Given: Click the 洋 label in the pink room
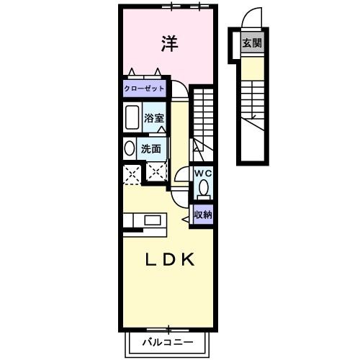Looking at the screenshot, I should pos(168,43).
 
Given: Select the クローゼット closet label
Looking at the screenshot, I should pos(144,89).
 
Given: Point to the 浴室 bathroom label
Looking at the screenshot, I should pos(153,117).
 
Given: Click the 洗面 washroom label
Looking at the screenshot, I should pos(150,149).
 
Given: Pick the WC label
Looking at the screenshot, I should pos(202,174).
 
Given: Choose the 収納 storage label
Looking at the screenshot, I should pos(202,214).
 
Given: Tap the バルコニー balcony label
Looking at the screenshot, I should pos(167,342).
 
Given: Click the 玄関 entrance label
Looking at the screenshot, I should pos(251,43).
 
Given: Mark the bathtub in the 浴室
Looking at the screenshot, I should pos(132,117).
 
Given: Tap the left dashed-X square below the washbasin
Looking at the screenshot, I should pos(132,174).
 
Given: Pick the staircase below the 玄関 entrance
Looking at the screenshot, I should pos(251,104).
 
